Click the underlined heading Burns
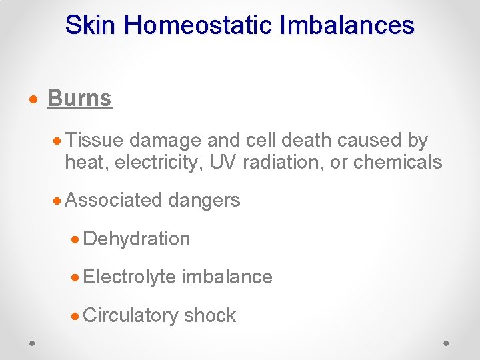coord(79,99)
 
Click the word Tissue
coord(94,141)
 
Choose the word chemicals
coord(398,162)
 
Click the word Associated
coord(114,200)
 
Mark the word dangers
coord(204,200)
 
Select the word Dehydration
coord(137,239)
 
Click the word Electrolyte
coord(131,277)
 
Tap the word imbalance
coord(227,277)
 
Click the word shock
coord(210,315)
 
